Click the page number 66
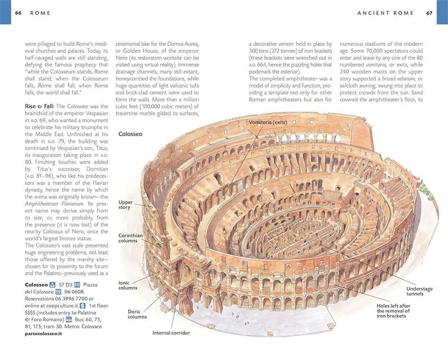tap(18, 13)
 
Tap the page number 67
tap(429, 13)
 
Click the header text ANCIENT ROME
tap(386, 13)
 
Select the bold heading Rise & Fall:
tap(40, 106)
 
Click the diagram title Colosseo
tap(130, 134)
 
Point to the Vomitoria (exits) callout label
tap(268, 122)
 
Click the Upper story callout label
tap(126, 205)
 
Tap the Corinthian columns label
tap(130, 238)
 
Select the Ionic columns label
tap(128, 285)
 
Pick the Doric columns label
tap(137, 314)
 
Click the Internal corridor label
tap(171, 333)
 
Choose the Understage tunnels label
tap(420, 291)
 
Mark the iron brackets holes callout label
tap(394, 311)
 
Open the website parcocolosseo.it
tap(44, 333)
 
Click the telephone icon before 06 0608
tap(58, 292)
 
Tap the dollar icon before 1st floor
tap(83, 306)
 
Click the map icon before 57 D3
tap(52, 285)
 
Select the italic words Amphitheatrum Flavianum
tap(54, 204)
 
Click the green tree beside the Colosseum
tap(426, 190)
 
